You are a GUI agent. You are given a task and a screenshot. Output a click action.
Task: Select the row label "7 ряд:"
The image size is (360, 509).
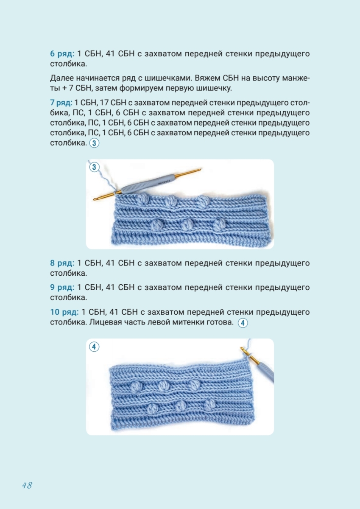pyautogui.click(x=61, y=103)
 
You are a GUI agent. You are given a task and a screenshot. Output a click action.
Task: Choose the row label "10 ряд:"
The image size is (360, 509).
pyautogui.click(x=64, y=312)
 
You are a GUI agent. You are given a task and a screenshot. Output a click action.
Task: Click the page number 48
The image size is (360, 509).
pyautogui.click(x=27, y=485)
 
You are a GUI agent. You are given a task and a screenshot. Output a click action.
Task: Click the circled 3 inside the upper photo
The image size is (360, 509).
pyautogui.click(x=94, y=167)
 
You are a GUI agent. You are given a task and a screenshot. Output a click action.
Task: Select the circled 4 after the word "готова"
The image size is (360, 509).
pyautogui.click(x=243, y=323)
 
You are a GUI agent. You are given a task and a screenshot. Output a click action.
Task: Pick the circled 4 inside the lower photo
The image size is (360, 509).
pyautogui.click(x=94, y=347)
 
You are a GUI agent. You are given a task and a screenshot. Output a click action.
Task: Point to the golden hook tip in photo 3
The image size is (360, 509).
pyautogui.click(x=100, y=197)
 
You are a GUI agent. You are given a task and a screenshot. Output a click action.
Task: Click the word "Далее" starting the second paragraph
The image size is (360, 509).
pyautogui.click(x=61, y=78)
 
